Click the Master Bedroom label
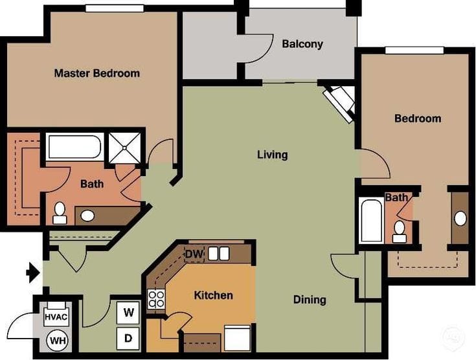pyautogui.click(x=96, y=73)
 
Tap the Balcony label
pyautogui.click(x=302, y=45)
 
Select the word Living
pyautogui.click(x=272, y=155)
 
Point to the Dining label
pyautogui.click(x=310, y=300)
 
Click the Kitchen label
pyautogui.click(x=213, y=295)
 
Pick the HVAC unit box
pyautogui.click(x=56, y=317)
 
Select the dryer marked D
pyautogui.click(x=129, y=337)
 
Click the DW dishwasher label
pyautogui.click(x=194, y=254)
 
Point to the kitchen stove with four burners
pyautogui.click(x=157, y=299)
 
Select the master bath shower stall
pyautogui.click(x=124, y=147)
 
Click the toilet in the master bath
pyautogui.click(x=60, y=212)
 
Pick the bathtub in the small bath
pyautogui.click(x=371, y=220)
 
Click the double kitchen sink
pyautogui.click(x=219, y=253)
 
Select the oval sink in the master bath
pyautogui.click(x=87, y=215)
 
